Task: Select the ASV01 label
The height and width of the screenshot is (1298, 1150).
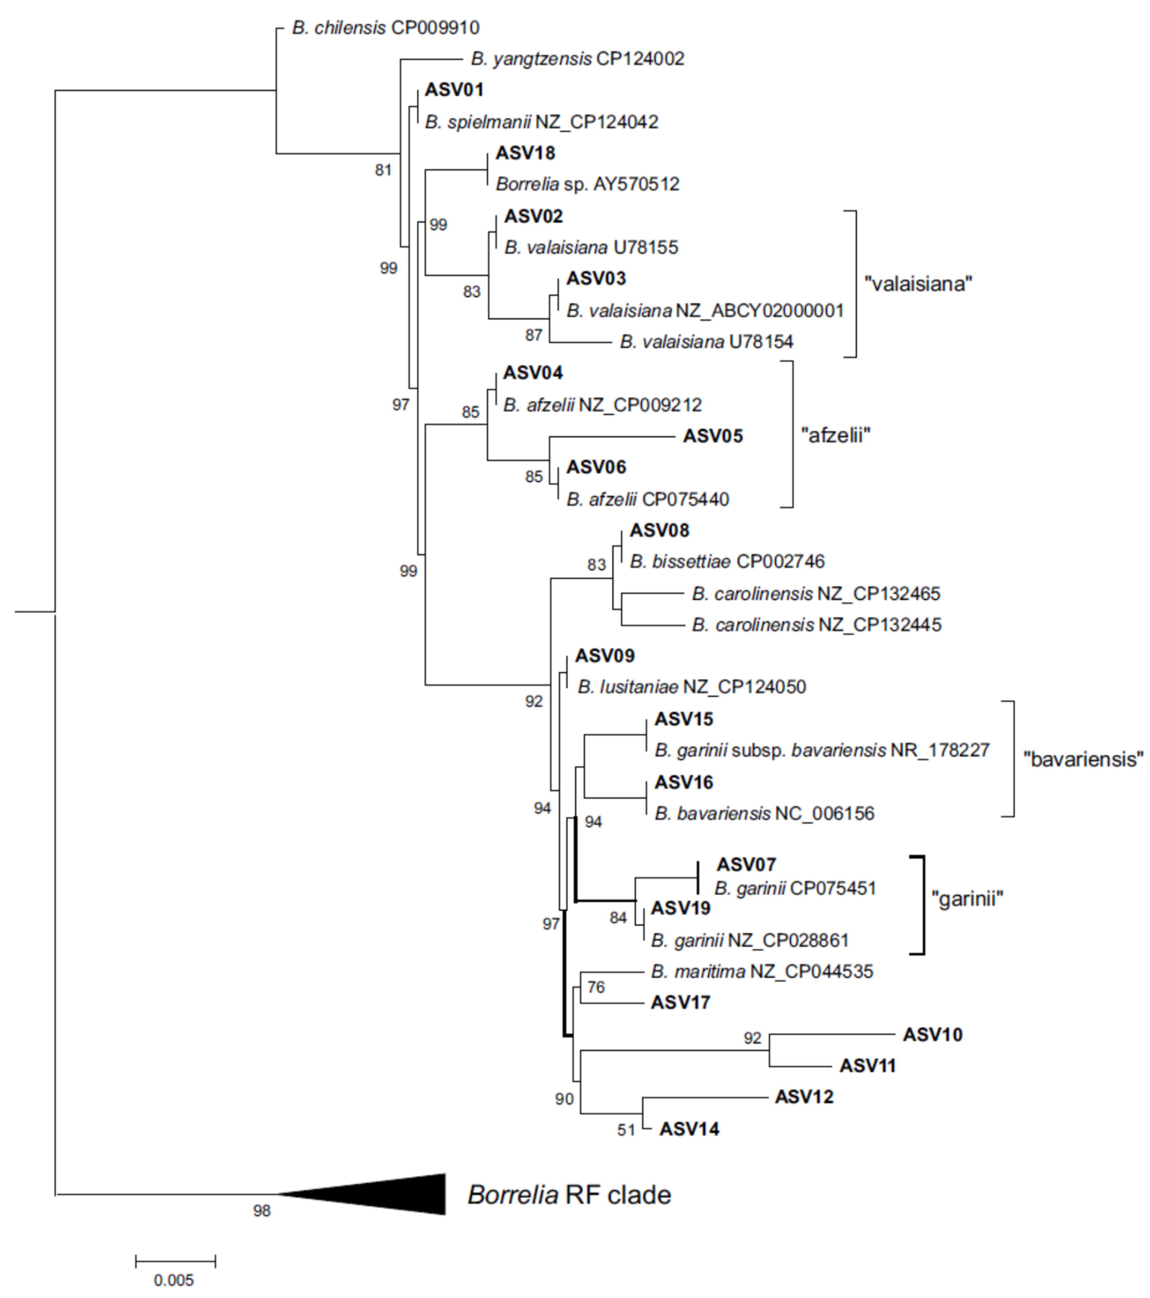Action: [454, 90]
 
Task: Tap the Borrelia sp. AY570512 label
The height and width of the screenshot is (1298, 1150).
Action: [588, 184]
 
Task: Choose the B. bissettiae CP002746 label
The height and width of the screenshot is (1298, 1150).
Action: [727, 561]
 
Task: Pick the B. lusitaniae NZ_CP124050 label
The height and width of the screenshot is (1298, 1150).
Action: [691, 686]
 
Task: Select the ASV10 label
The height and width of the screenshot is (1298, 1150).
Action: [932, 1034]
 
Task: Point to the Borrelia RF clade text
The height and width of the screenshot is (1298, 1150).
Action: [569, 1195]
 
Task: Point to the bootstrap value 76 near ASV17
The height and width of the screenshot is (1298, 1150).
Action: [596, 987]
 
